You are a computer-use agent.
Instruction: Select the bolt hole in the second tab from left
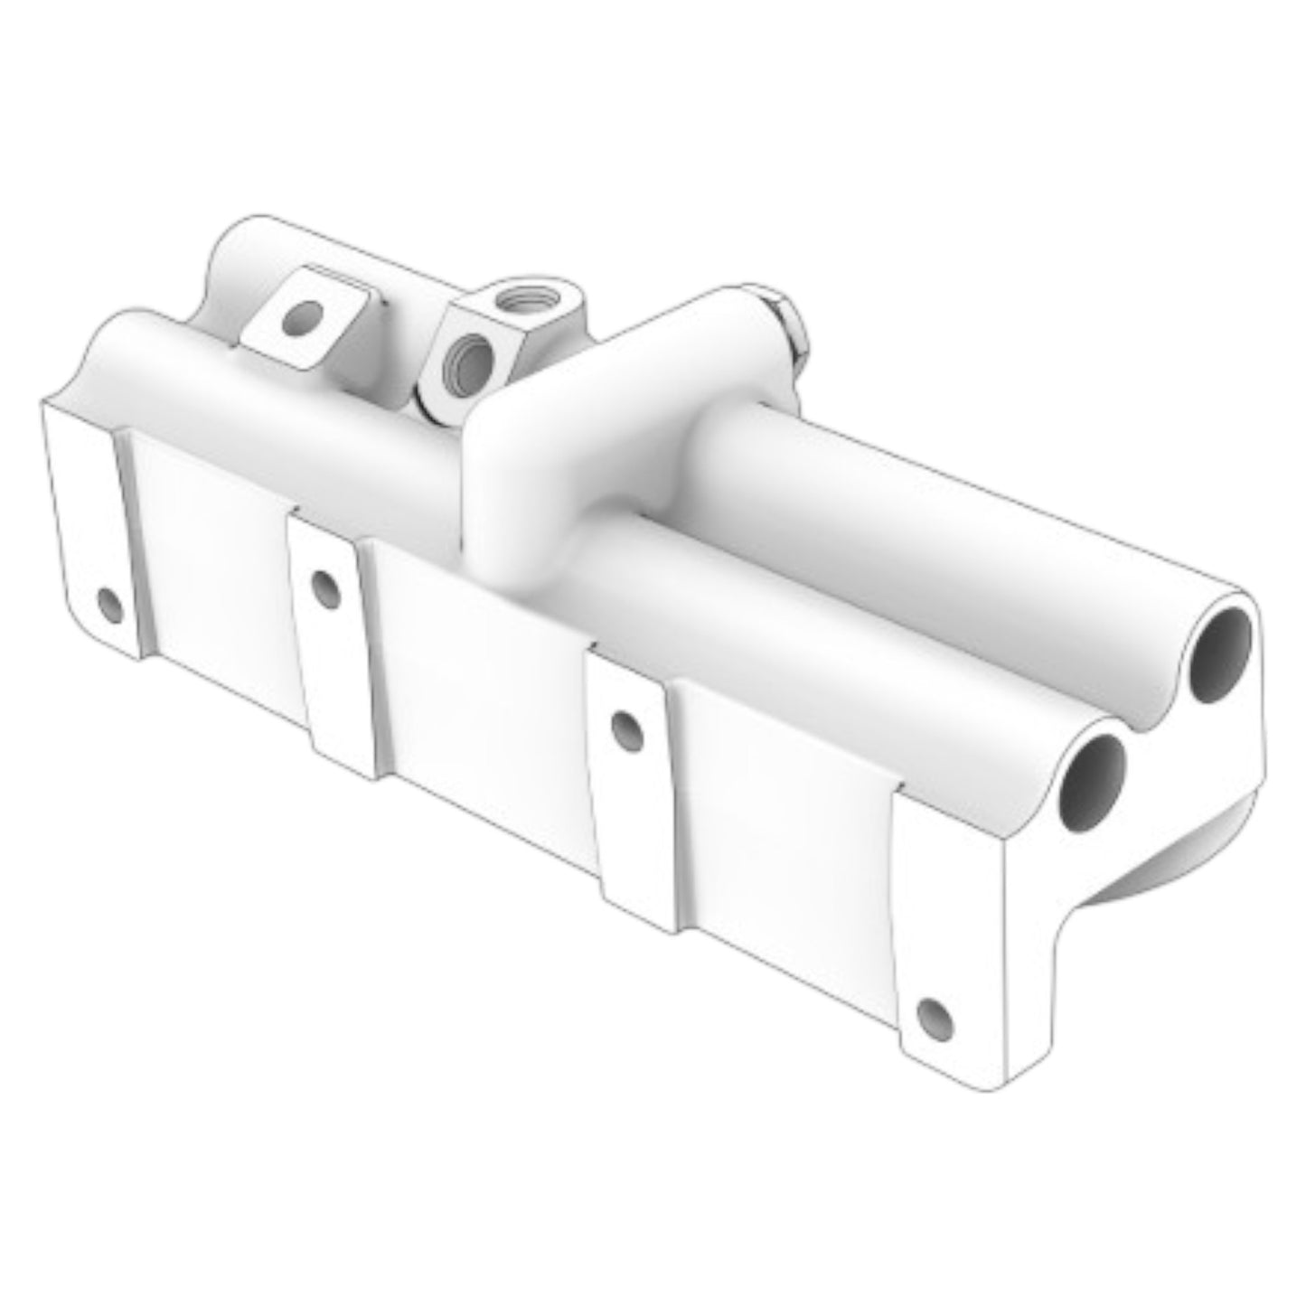[x=322, y=587]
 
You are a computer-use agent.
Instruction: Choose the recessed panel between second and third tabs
[x=479, y=669]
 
